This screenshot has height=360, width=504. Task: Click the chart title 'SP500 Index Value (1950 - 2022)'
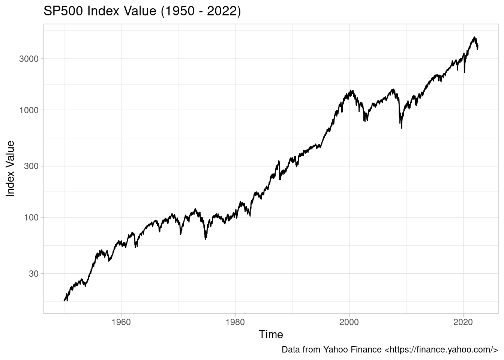[142, 11]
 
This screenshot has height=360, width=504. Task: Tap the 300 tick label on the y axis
[34, 166]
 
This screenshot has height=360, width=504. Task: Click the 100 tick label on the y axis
[34, 217]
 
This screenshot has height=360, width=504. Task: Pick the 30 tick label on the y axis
[36, 273]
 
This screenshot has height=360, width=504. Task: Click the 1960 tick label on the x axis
[121, 322]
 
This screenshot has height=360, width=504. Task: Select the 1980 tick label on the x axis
[235, 322]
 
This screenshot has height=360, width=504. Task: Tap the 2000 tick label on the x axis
[349, 322]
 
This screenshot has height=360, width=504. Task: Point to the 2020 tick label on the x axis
[463, 322]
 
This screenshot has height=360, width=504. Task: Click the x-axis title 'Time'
[271, 334]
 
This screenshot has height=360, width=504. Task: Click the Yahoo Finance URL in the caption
[441, 350]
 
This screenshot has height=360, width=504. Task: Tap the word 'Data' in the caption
[290, 350]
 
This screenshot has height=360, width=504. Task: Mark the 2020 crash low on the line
[465, 72]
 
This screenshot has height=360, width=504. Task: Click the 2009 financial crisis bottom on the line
[402, 128]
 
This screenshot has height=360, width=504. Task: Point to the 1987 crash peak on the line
[279, 161]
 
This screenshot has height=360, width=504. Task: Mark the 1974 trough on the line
[205, 239]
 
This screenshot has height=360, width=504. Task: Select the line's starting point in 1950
[64, 300]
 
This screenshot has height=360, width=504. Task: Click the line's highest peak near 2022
[475, 37]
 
